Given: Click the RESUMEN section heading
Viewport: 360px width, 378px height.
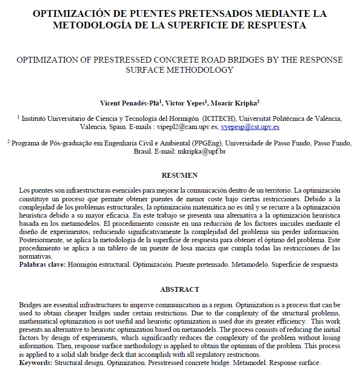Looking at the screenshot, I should point(180,175).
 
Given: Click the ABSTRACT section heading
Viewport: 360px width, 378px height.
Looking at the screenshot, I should point(180,289).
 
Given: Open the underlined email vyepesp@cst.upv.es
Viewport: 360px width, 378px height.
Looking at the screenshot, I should point(250,128).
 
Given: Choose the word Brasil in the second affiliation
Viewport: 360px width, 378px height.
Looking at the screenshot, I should point(143,151).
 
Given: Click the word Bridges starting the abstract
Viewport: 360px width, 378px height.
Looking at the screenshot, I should point(31,306).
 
